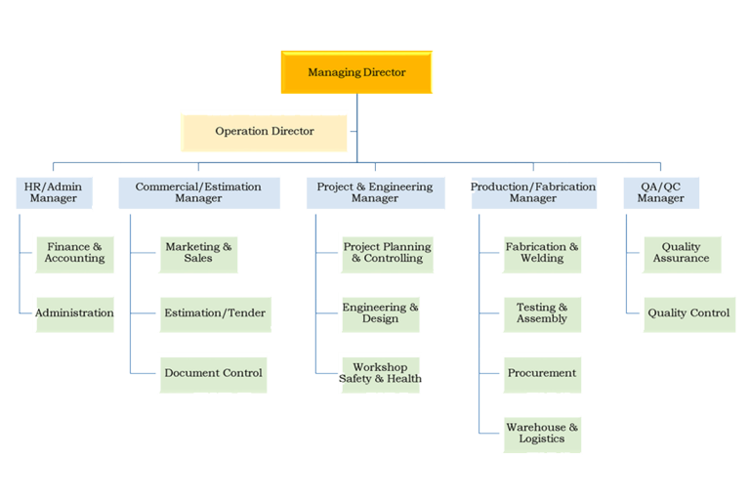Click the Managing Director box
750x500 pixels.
tap(356, 72)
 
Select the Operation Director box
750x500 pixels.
tap(265, 131)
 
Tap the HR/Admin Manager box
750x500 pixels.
tap(54, 192)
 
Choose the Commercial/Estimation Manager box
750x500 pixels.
tap(198, 192)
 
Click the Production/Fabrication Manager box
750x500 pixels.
tap(533, 192)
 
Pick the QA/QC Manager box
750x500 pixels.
tap(661, 192)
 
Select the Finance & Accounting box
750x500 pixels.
tap(74, 253)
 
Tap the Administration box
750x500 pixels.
tap(74, 313)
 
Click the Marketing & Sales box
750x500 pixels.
tap(198, 253)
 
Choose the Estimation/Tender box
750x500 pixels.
tap(214, 313)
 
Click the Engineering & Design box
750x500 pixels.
tap(380, 313)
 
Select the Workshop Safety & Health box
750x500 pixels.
tap(380, 373)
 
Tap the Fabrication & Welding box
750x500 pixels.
tap(542, 253)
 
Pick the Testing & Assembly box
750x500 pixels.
tap(542, 313)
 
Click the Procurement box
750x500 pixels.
tap(542, 373)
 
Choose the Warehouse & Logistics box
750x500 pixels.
tap(542, 433)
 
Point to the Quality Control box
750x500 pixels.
tap(688, 313)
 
